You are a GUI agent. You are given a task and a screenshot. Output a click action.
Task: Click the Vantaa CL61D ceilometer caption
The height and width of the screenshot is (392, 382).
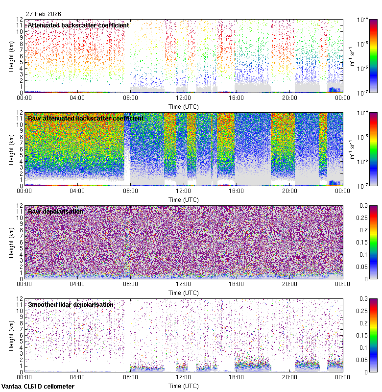(x=38, y=387)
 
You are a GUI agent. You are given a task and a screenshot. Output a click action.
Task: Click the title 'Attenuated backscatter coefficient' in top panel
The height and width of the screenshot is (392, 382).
(x=78, y=25)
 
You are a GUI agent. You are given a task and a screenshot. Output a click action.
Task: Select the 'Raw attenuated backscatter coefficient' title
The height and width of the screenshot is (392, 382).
(x=86, y=118)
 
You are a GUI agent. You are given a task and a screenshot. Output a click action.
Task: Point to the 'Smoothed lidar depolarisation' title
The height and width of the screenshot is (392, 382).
(x=71, y=304)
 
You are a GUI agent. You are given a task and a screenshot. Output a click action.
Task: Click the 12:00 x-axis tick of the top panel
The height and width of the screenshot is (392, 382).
(x=183, y=98)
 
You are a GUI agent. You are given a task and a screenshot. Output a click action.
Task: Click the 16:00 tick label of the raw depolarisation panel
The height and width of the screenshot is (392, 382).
(x=236, y=284)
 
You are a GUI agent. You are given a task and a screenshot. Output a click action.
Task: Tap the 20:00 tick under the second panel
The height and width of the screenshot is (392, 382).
(x=289, y=191)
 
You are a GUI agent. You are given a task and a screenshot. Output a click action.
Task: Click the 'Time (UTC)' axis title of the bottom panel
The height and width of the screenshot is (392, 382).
(x=183, y=386)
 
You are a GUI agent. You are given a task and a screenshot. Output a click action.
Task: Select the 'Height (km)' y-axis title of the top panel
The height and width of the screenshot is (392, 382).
(x=12, y=56)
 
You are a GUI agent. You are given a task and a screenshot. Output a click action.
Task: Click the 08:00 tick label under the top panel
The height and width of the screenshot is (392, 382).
(x=130, y=98)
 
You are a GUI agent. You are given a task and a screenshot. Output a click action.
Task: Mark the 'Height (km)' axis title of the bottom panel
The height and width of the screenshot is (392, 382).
(x=12, y=335)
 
